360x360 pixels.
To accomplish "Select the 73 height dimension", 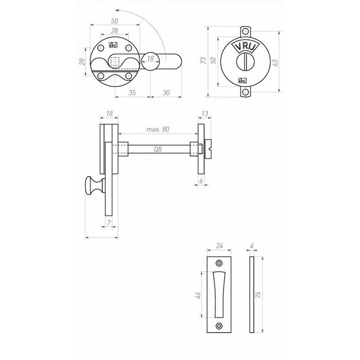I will (x=203, y=60).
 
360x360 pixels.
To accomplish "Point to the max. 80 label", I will (x=158, y=129).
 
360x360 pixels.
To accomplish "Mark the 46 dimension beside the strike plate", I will (x=198, y=296).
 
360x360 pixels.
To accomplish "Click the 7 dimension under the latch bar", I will (x=108, y=222).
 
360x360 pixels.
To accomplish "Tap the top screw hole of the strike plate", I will (x=219, y=263).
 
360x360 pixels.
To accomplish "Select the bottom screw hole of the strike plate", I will (x=219, y=326).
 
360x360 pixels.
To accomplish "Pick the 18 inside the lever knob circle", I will (x=150, y=58).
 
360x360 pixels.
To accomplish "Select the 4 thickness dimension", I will (x=252, y=246).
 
